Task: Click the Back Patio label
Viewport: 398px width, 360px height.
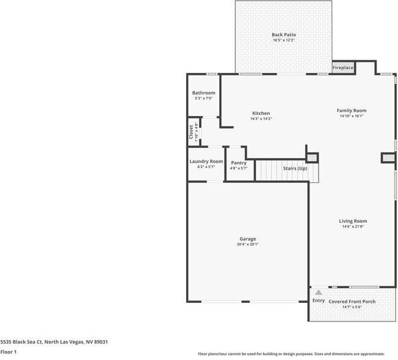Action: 284,35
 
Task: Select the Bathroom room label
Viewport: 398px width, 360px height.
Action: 204,93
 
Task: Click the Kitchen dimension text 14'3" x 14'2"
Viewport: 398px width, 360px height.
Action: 261,119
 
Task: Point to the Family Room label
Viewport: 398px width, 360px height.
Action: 351,110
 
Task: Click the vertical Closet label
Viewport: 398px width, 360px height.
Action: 191,132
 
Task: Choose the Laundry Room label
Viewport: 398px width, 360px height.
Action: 206,161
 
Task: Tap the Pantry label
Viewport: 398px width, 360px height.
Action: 238,163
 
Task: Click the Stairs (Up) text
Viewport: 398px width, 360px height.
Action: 295,168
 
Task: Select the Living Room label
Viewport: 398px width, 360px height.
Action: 352,221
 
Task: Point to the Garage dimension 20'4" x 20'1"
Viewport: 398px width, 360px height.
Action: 248,244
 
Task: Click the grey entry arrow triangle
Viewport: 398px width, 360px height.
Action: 319,292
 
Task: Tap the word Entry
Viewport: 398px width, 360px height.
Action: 319,300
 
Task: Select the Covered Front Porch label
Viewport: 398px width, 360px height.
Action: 352,301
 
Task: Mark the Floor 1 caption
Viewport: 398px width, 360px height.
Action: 8,352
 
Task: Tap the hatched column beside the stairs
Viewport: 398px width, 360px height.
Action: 312,158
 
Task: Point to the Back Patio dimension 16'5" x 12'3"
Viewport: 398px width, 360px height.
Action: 284,40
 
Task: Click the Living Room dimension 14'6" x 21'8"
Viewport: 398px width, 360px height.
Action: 352,226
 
